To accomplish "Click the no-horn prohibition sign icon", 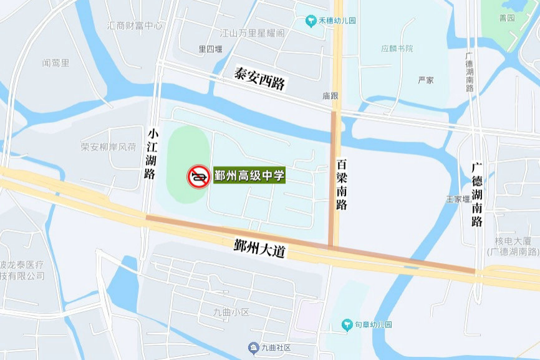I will [199, 177].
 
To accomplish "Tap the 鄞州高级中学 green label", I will [249, 176].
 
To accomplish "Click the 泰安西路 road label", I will [260, 79].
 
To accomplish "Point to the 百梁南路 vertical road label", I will [342, 185].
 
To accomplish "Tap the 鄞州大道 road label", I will [260, 248].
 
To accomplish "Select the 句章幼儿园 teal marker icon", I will [347, 324].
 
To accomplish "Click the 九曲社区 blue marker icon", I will [253, 348].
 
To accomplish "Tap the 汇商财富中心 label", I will [135, 26].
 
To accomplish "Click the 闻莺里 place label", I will [55, 63].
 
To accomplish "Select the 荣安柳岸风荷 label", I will [108, 147].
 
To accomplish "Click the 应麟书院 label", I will [397, 48].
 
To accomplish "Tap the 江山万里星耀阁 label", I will [253, 32].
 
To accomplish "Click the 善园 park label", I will [507, 18].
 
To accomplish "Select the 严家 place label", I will [426, 80].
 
